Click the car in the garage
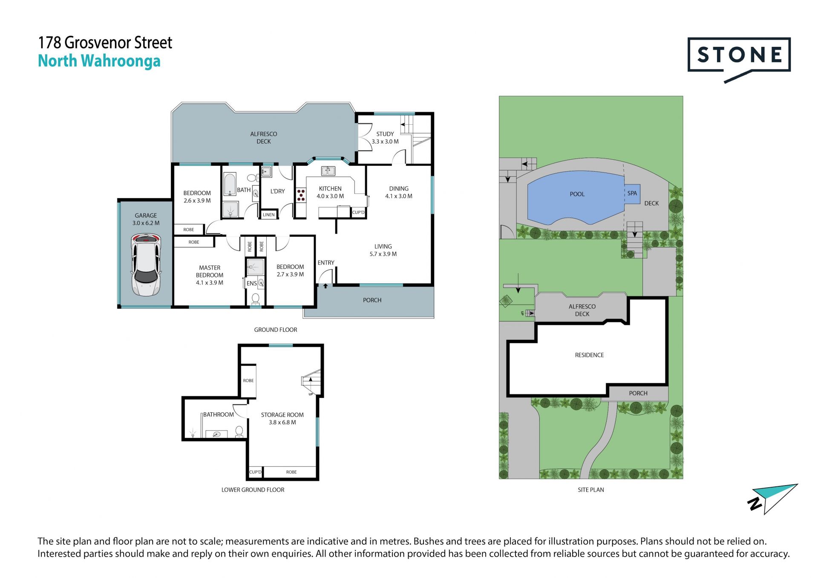tap(146, 265)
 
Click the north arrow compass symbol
tap(772, 499)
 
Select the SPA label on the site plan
tap(632, 193)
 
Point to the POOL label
tap(577, 194)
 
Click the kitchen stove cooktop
tap(301, 195)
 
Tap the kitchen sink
tap(328, 171)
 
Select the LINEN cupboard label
tap(269, 215)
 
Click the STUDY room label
tap(385, 134)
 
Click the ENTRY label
tap(326, 263)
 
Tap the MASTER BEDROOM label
tap(210, 271)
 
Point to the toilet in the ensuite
tap(256, 299)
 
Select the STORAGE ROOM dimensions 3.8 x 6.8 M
tap(282, 423)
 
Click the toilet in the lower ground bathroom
tap(239, 431)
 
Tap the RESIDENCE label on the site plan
tap(589, 355)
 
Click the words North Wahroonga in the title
tap(99, 61)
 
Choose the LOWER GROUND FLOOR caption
tap(253, 490)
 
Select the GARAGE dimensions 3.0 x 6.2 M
tap(146, 223)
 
